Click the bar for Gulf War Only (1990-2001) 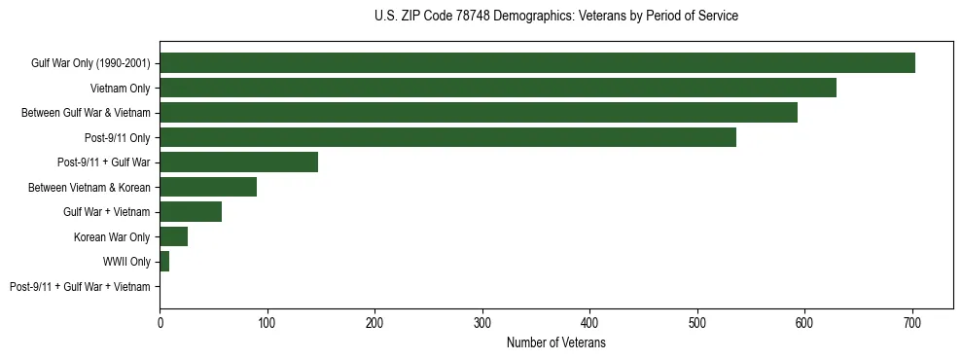(x=537, y=63)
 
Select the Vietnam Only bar (x=498, y=88)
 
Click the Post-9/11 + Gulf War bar (x=238, y=162)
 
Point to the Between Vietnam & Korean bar (x=208, y=187)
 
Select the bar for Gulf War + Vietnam (x=191, y=212)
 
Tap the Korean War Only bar (x=173, y=236)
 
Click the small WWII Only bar (x=164, y=262)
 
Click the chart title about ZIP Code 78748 (x=555, y=17)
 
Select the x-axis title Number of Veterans (x=555, y=343)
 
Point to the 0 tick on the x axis (x=160, y=322)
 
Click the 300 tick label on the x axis (x=482, y=322)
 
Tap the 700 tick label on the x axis (x=912, y=322)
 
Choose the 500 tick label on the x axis (x=697, y=322)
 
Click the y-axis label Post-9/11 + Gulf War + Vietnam (x=80, y=287)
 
